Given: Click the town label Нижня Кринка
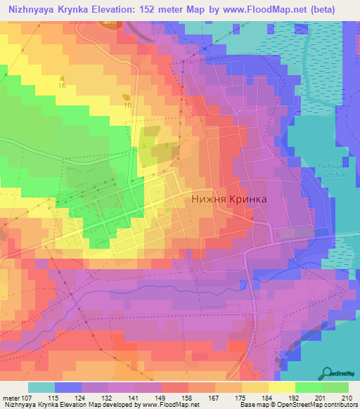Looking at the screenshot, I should (x=229, y=199).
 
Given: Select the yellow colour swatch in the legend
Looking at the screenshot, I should (x=281, y=387).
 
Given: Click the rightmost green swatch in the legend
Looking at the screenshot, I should (x=335, y=387).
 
